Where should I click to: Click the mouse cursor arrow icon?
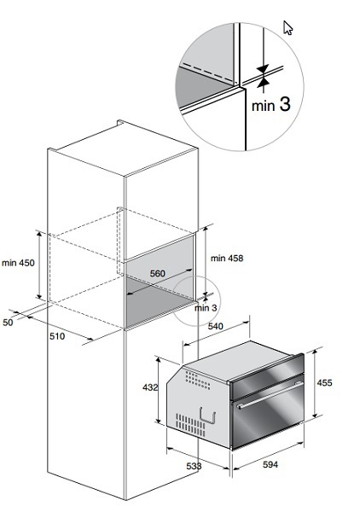(287, 27)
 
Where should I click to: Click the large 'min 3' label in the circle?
(271, 105)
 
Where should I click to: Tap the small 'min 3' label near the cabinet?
(206, 308)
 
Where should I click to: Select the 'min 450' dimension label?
(18, 263)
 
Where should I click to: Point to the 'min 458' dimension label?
(227, 259)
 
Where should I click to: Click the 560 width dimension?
(158, 273)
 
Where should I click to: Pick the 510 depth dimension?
(57, 336)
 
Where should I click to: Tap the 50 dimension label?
(8, 323)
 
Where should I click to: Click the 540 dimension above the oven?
(216, 326)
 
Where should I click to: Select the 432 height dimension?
(150, 387)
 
